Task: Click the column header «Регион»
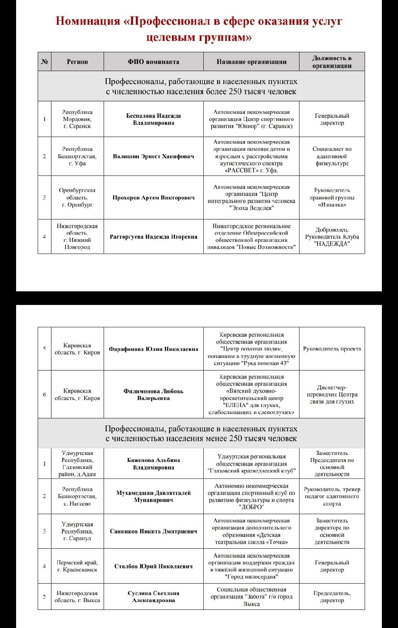(77, 62)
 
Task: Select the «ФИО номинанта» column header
(153, 62)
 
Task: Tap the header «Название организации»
(251, 62)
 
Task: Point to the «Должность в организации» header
(332, 62)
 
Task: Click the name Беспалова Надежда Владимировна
(153, 119)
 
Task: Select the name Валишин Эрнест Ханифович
(153, 156)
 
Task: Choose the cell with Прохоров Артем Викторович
(153, 197)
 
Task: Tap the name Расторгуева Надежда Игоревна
(153, 237)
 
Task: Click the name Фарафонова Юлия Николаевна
(153, 349)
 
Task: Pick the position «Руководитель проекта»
(332, 349)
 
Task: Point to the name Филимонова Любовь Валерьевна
(153, 394)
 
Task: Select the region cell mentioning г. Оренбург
(77, 197)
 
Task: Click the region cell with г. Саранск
(77, 119)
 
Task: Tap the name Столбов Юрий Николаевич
(153, 566)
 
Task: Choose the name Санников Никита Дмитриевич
(153, 531)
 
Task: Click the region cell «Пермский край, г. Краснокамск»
(77, 566)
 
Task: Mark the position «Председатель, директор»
(332, 597)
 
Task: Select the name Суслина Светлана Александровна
(153, 597)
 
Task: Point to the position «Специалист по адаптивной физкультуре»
(332, 156)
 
